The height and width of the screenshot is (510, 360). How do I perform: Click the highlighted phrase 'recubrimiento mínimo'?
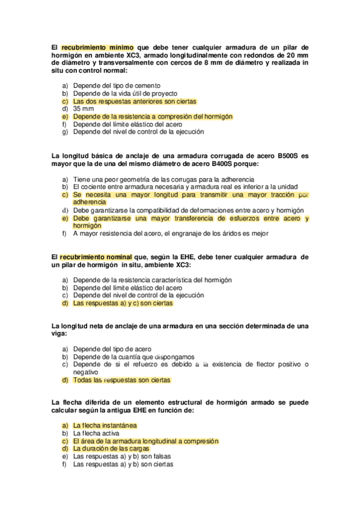click(x=98, y=46)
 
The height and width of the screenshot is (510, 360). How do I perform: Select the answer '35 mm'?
click(x=84, y=109)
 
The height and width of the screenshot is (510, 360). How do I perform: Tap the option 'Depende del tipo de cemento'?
click(x=117, y=85)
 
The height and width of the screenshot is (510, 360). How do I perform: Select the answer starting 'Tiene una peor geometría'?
click(x=163, y=179)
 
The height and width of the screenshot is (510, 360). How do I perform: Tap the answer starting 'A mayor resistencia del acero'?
click(x=171, y=234)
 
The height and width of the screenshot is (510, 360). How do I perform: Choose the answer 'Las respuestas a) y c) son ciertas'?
click(x=123, y=304)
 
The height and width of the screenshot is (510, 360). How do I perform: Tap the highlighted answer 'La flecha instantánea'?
click(x=105, y=425)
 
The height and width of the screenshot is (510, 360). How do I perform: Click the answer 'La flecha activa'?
click(x=96, y=433)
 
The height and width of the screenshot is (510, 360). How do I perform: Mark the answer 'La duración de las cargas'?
click(x=111, y=449)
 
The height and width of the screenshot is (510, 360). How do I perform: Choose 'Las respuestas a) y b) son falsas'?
click(x=123, y=456)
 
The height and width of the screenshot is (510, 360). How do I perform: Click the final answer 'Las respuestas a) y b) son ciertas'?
click(x=123, y=464)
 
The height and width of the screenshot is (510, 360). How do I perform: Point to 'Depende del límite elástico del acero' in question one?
click(x=128, y=124)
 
